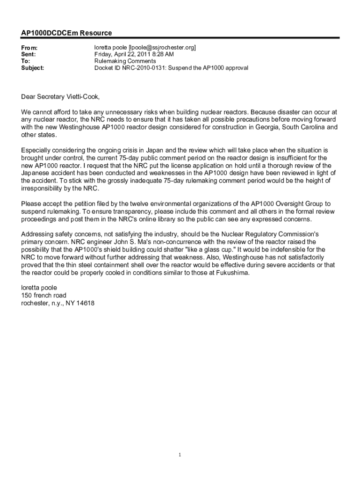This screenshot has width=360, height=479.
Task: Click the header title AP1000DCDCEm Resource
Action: [66, 33]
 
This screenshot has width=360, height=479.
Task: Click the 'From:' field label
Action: [29, 48]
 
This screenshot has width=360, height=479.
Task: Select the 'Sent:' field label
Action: [29, 55]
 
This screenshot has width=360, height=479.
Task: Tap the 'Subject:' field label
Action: [33, 68]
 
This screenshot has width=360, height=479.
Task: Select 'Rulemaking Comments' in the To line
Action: [125, 61]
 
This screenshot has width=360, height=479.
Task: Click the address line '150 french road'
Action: [44, 295]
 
